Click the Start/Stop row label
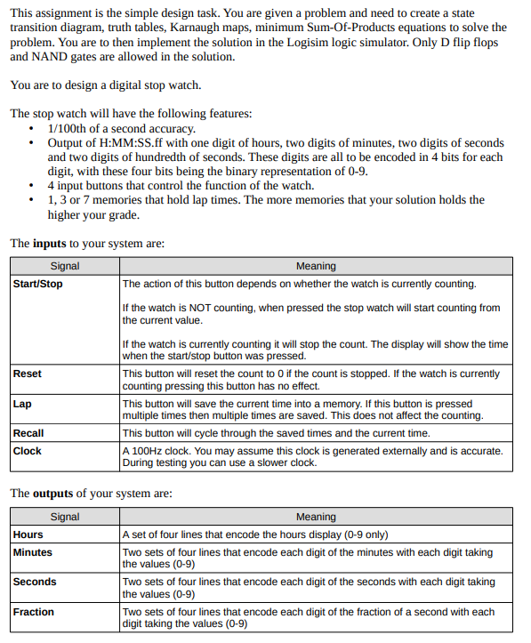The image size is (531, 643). click(37, 284)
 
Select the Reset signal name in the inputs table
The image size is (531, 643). click(27, 374)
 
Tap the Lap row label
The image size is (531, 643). click(22, 404)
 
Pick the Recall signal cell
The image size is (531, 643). click(28, 433)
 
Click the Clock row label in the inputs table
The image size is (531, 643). click(27, 451)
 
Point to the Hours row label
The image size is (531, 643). click(28, 534)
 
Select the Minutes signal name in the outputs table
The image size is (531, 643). click(32, 552)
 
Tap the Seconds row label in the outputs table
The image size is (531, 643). click(34, 582)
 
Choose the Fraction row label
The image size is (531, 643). click(33, 612)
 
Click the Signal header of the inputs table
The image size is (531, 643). click(65, 266)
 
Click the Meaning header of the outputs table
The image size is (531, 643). click(316, 517)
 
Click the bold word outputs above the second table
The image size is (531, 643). click(53, 494)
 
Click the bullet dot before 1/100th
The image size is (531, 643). click(33, 129)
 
